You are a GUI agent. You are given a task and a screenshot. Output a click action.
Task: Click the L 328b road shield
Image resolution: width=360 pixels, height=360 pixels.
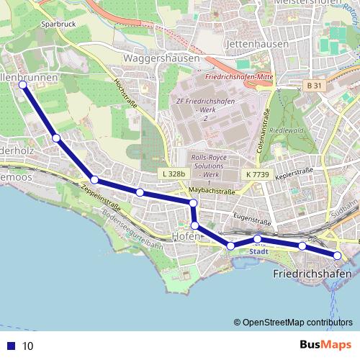tap(174, 174)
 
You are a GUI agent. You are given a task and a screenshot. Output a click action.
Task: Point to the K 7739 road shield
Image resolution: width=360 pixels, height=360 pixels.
tap(256, 174)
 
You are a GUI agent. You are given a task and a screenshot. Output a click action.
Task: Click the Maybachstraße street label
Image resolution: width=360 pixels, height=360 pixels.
tap(213, 191)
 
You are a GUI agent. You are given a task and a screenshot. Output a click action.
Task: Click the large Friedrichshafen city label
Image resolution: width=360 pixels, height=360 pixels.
tap(312, 274)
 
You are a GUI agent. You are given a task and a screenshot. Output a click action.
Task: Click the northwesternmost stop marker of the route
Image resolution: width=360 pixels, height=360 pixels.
tap(22, 84)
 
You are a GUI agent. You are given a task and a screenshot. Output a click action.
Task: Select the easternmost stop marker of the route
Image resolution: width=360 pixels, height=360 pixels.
tap(337, 256)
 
